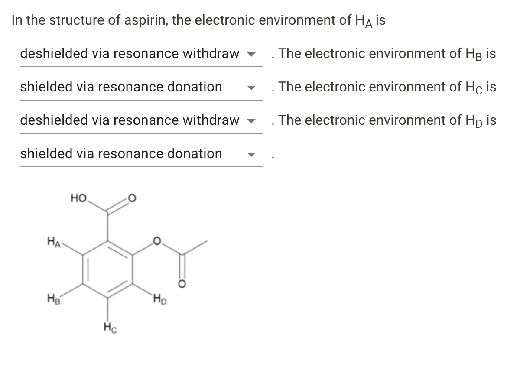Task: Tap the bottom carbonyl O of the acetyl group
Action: tap(182, 284)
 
